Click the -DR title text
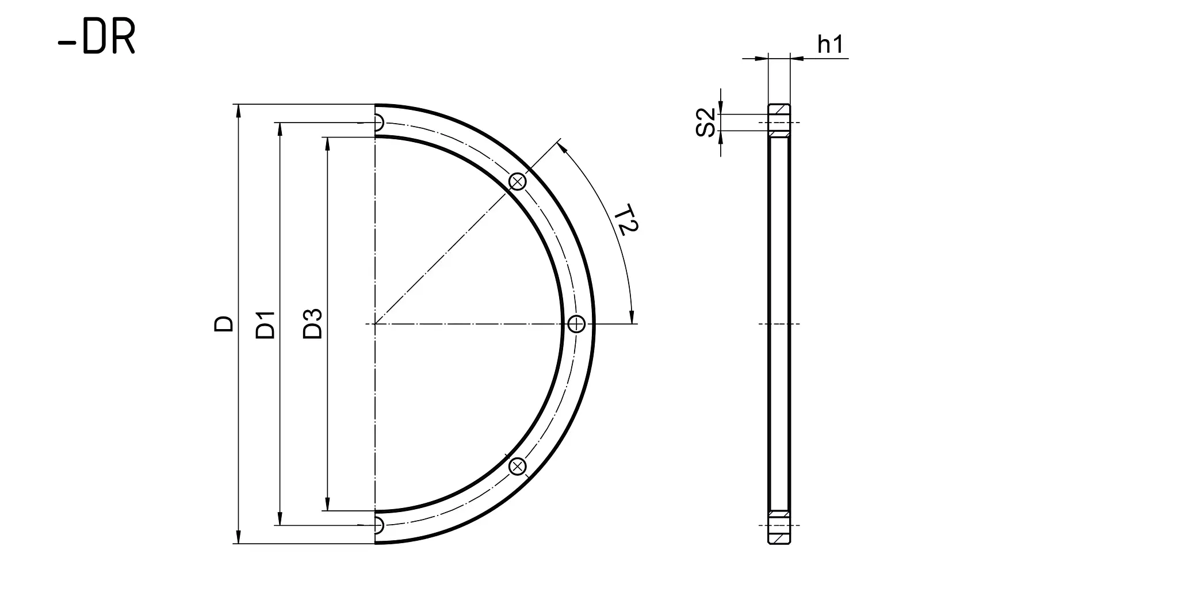97,39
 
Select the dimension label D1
266,324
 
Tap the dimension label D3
313,323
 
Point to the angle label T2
626,220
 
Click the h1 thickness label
830,44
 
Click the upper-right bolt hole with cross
518,182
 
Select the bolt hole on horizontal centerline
576,324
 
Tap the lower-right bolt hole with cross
518,466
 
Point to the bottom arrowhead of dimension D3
327,506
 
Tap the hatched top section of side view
779,109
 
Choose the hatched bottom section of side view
779,540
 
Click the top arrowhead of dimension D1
280,128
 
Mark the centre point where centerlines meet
375,324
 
